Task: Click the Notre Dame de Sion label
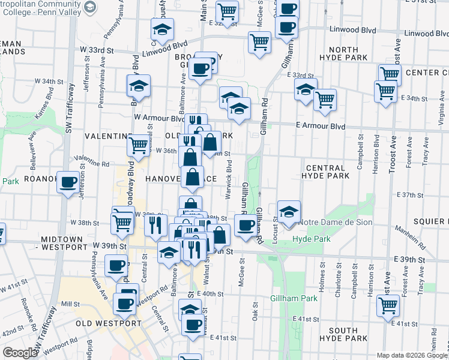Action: point(339,223)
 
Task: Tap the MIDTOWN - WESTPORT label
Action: point(64,243)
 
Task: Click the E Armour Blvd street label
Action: point(321,127)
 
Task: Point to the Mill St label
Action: point(70,304)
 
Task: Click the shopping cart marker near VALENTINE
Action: point(139,145)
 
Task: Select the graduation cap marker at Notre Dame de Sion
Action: point(289,212)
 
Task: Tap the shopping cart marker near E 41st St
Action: point(388,305)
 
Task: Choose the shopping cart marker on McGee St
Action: point(259,43)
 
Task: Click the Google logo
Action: point(20,353)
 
